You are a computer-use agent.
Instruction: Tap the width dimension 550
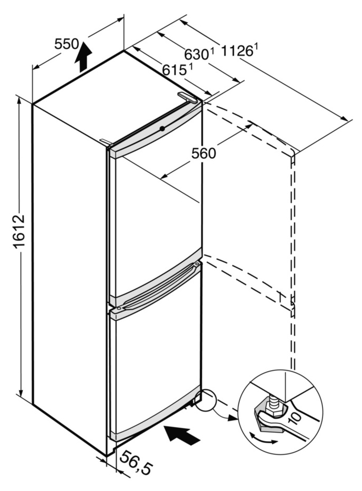coord(66,44)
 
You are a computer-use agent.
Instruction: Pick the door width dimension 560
coord(203,153)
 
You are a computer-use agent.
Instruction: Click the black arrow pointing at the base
coord(182,434)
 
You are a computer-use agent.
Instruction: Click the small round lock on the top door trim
coord(162,128)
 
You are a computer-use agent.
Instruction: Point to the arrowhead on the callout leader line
coord(231,417)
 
